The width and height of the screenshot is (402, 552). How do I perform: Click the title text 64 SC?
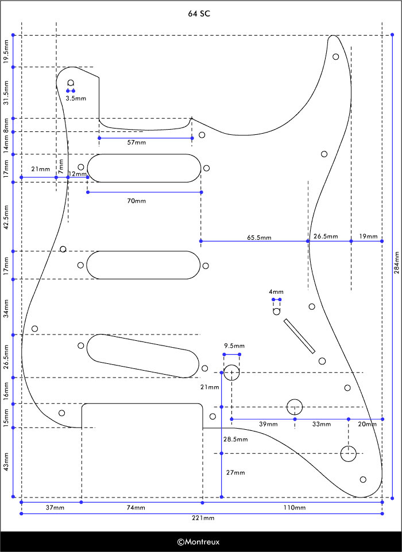click(x=199, y=14)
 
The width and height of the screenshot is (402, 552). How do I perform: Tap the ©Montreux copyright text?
click(x=198, y=542)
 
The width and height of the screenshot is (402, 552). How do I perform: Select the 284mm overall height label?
click(x=397, y=263)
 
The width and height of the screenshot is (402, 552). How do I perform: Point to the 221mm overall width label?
click(x=203, y=518)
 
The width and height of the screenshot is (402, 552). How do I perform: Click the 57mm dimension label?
click(x=136, y=142)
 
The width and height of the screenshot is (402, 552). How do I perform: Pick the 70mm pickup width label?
click(x=136, y=201)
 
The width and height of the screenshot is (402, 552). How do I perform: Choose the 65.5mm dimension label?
click(x=259, y=238)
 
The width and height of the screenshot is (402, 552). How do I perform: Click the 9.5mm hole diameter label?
click(x=234, y=346)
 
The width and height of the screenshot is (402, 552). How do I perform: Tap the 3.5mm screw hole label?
click(x=76, y=99)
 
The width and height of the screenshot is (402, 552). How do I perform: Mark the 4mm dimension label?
click(x=276, y=292)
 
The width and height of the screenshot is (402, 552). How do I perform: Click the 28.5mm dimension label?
click(x=235, y=440)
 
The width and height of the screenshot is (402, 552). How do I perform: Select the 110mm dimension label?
click(x=295, y=508)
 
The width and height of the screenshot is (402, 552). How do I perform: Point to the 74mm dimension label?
click(x=136, y=508)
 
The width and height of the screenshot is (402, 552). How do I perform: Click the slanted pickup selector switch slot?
click(x=299, y=336)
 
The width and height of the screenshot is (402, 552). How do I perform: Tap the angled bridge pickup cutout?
click(x=142, y=356)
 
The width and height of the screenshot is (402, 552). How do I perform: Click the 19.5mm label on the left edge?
click(x=6, y=52)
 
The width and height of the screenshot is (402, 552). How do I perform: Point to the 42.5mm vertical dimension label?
click(x=6, y=217)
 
